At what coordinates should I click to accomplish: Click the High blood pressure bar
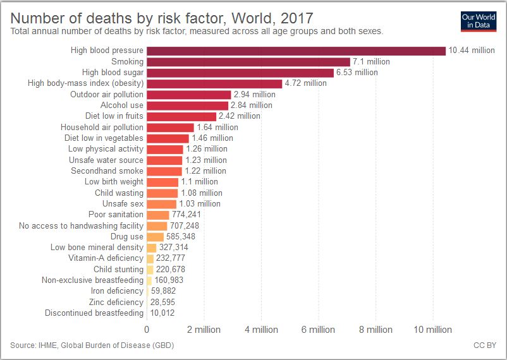pos(296,51)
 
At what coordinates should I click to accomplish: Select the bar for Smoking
pos(248,62)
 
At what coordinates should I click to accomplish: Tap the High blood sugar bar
pos(240,73)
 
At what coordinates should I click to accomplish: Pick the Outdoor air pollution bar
pos(188,94)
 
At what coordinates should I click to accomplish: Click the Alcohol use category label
pos(122,105)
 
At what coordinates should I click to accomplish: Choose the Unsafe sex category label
pos(123,204)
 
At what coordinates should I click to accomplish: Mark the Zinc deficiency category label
pos(116,302)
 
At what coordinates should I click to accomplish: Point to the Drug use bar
pos(155,237)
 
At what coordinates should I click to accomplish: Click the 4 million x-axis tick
pos(261,330)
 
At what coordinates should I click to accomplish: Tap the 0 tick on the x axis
pos(147,330)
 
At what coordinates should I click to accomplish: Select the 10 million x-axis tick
pos(432,330)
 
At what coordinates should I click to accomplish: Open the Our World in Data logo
pos(478,20)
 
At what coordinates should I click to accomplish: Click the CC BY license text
pos(484,345)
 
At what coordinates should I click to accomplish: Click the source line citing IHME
pos(92,345)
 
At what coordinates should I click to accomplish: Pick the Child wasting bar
pos(162,193)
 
